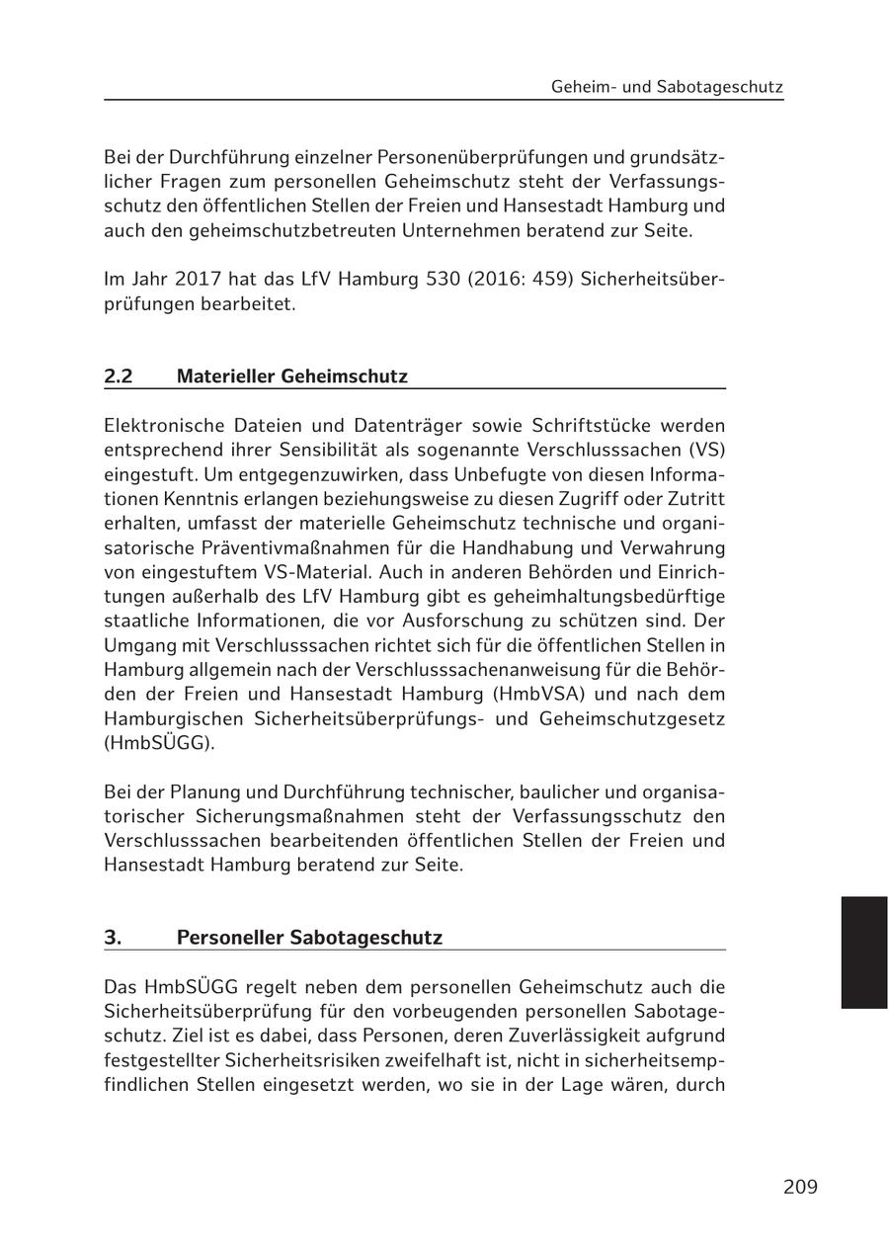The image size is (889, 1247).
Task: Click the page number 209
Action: pyautogui.click(x=800, y=1187)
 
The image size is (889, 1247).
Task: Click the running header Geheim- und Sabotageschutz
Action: pyautogui.click(x=667, y=87)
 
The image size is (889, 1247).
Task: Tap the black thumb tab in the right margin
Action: pyautogui.click(x=864, y=952)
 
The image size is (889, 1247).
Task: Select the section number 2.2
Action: pyautogui.click(x=119, y=376)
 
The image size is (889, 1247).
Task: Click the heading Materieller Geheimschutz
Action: pyautogui.click(x=291, y=376)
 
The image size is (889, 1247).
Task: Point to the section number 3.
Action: pyautogui.click(x=113, y=938)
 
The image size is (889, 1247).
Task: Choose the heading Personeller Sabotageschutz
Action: pyautogui.click(x=309, y=938)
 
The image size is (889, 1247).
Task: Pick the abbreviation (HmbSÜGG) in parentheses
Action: pyautogui.click(x=158, y=743)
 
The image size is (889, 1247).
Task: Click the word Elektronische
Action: pyautogui.click(x=162, y=426)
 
